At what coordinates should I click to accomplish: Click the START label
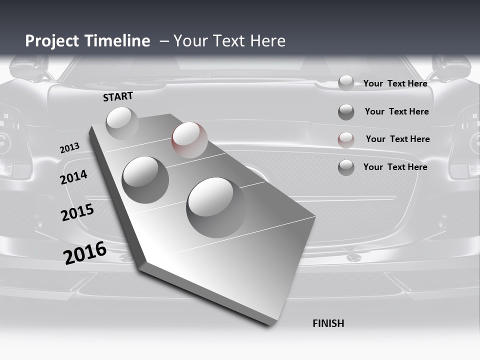point(118,96)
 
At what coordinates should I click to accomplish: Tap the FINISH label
point(328,323)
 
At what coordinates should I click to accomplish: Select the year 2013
point(69,148)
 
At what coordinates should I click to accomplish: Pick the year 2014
point(74,177)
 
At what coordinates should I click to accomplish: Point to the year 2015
point(77,212)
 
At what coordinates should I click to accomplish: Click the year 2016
point(85,253)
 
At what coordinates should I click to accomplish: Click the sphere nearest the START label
point(122,123)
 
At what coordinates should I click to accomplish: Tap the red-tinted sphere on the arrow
point(189,139)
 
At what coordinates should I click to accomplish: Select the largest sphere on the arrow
point(216,207)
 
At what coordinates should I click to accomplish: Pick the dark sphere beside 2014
point(145,179)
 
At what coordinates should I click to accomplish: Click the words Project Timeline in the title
point(87,41)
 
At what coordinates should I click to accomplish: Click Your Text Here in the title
point(229,41)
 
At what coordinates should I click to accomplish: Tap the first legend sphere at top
point(346,83)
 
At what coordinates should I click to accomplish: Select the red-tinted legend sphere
point(346,139)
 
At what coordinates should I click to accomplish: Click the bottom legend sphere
point(346,167)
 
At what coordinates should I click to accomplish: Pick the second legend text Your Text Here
point(396,111)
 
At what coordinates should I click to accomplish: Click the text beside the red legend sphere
point(397,139)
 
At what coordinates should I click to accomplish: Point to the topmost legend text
point(395,83)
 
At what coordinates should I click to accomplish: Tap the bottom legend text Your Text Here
point(395,167)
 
